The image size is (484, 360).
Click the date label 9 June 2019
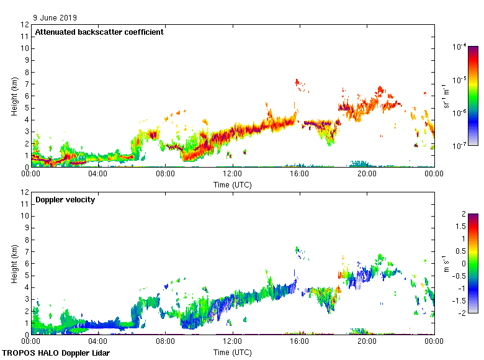(x=55, y=18)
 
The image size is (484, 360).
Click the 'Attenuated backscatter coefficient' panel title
(x=99, y=32)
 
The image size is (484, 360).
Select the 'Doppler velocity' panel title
(x=65, y=200)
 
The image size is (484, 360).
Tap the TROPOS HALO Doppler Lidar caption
(x=61, y=353)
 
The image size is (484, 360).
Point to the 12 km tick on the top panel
(x=25, y=25)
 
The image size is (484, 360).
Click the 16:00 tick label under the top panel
(x=300, y=174)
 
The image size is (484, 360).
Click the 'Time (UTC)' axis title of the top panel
(x=233, y=184)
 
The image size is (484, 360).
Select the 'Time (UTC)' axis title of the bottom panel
(x=233, y=352)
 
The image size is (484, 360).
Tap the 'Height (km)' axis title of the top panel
(x=14, y=96)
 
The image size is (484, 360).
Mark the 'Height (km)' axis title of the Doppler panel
(x=14, y=264)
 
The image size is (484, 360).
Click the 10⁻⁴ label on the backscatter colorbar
(x=460, y=47)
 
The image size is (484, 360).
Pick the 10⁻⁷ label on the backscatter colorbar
(x=460, y=146)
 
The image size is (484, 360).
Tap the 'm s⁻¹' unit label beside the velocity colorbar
(x=446, y=264)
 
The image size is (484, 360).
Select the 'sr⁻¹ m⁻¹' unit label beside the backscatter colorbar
(x=446, y=96)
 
